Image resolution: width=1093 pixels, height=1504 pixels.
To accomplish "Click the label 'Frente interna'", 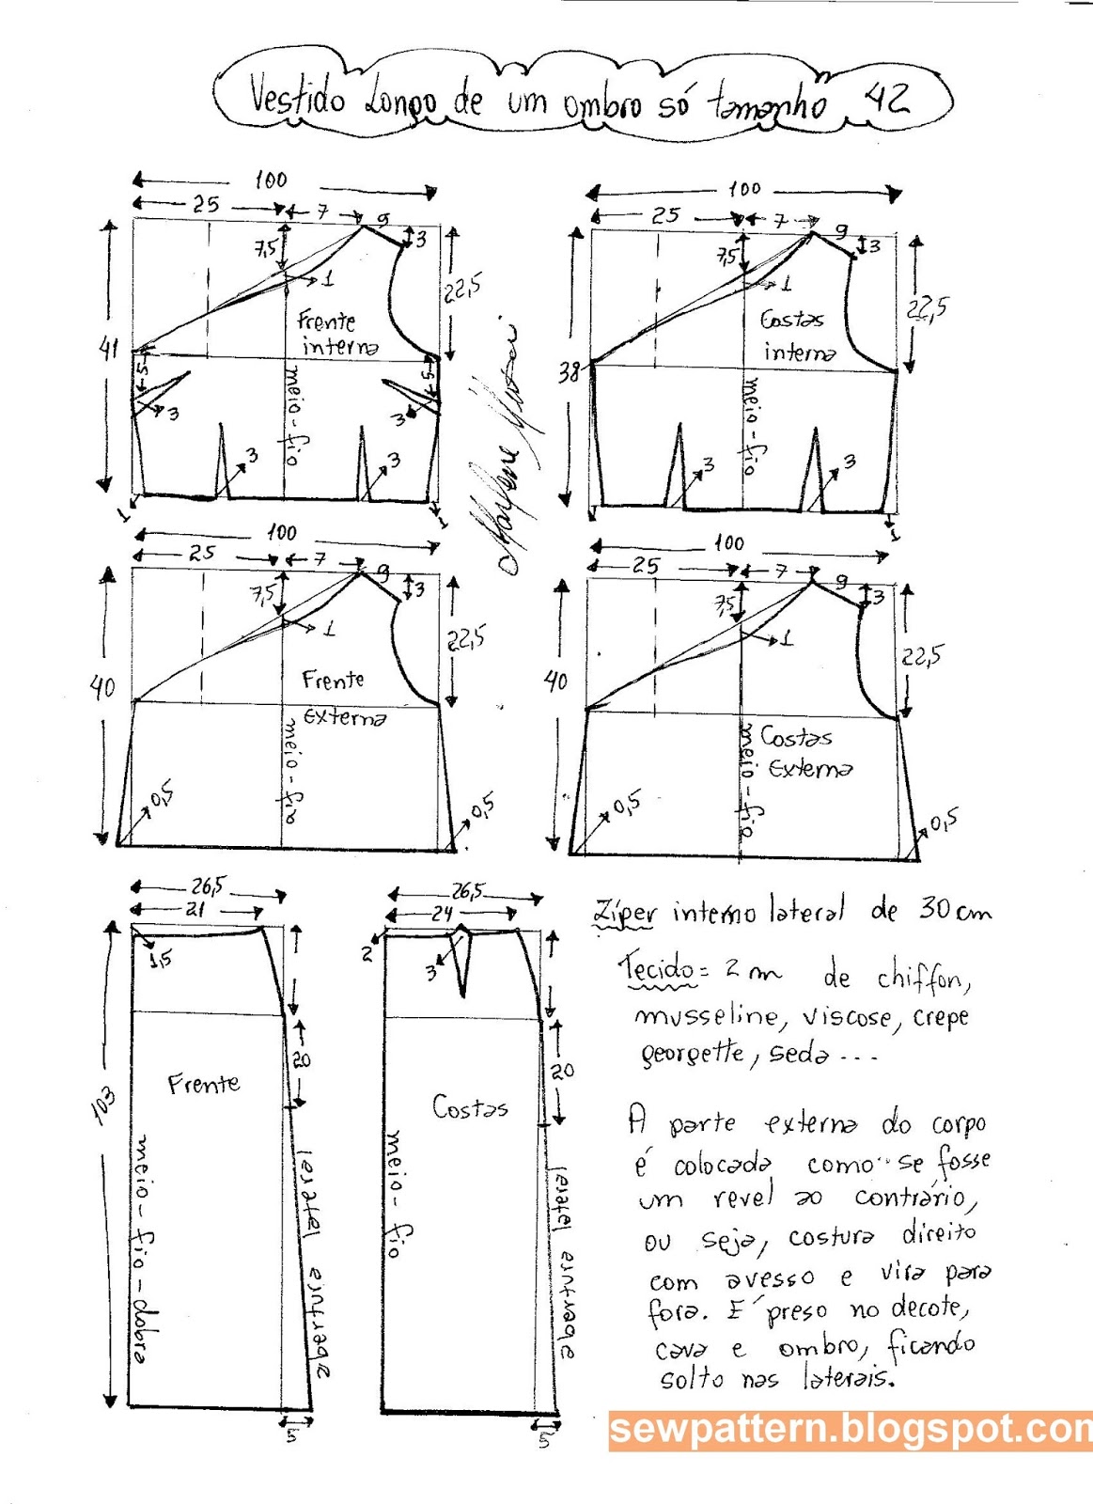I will [x=336, y=334].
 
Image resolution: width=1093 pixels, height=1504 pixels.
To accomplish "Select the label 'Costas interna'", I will [x=797, y=336].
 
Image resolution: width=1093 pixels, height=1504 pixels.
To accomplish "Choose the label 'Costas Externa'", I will [x=804, y=753].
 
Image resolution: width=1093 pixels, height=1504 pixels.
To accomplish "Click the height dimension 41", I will [x=109, y=349].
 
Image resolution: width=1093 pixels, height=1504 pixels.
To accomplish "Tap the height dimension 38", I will [x=568, y=372].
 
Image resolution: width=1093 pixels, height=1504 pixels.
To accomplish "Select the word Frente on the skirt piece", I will [x=203, y=1085].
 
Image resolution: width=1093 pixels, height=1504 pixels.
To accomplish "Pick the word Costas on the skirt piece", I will [x=469, y=1106].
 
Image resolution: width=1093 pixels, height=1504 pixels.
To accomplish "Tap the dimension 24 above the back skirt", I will [x=443, y=913].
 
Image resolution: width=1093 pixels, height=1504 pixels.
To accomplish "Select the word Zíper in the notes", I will [x=624, y=912].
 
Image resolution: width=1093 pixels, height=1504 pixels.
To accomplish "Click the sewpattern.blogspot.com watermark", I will [x=850, y=1430].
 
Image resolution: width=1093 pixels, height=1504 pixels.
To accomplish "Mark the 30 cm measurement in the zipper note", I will [x=953, y=910].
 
